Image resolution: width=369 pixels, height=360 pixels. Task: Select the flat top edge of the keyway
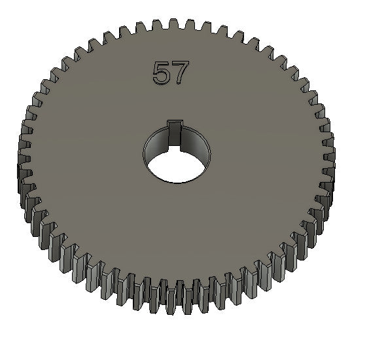click(174, 121)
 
